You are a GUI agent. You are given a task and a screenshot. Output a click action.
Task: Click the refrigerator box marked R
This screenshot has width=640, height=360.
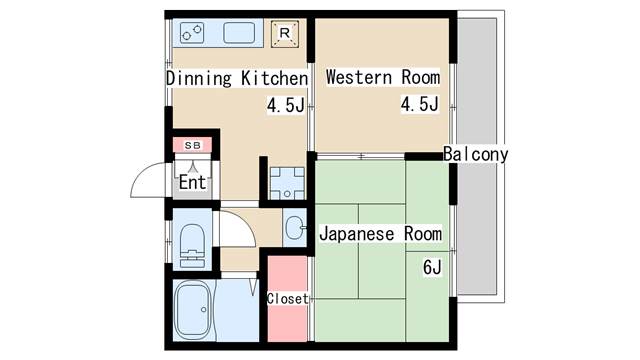click(285, 33)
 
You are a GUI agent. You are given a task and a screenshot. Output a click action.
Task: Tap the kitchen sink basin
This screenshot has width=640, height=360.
click(239, 33)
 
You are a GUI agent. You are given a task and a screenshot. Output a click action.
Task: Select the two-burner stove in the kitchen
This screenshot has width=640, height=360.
click(192, 33)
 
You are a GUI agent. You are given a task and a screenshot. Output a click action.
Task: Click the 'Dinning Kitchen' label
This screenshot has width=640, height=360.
click(237, 78)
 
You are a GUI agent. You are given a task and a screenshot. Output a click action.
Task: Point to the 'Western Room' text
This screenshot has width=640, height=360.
click(383, 78)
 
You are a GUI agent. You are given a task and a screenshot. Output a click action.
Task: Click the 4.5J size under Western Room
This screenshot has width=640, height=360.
click(420, 104)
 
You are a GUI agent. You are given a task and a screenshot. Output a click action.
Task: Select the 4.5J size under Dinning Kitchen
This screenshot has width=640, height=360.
click(286, 105)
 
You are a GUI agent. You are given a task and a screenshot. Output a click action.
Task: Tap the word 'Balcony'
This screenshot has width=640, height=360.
click(476, 154)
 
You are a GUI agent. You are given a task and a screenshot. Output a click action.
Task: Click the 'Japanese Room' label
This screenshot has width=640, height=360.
click(380, 234)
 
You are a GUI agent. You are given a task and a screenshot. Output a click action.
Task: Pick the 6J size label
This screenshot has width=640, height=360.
click(432, 268)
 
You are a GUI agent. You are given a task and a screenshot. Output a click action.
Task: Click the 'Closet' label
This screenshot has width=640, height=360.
click(287, 299)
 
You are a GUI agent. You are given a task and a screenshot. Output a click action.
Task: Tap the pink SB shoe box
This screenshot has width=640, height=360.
click(192, 145)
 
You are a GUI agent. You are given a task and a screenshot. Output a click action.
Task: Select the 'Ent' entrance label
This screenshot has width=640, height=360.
click(193, 182)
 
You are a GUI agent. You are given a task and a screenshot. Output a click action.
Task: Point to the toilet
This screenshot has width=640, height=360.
click(192, 246)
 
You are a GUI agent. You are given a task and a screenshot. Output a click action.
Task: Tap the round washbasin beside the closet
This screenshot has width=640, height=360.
click(294, 228)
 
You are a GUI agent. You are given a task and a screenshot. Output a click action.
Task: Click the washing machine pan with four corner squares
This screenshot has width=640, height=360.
click(287, 183)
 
